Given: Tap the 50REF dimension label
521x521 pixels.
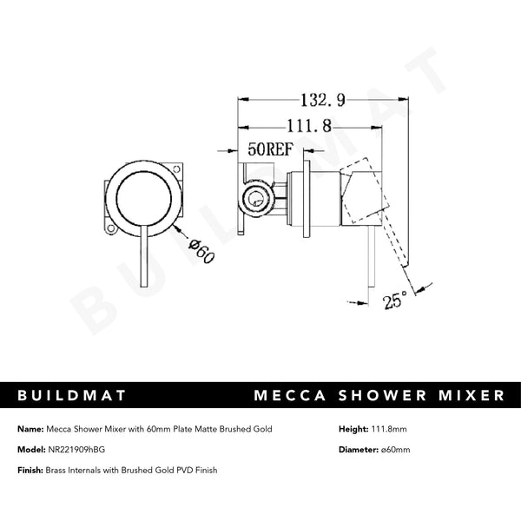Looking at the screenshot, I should [x=268, y=148].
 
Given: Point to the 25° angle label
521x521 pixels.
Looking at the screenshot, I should [x=395, y=300].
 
